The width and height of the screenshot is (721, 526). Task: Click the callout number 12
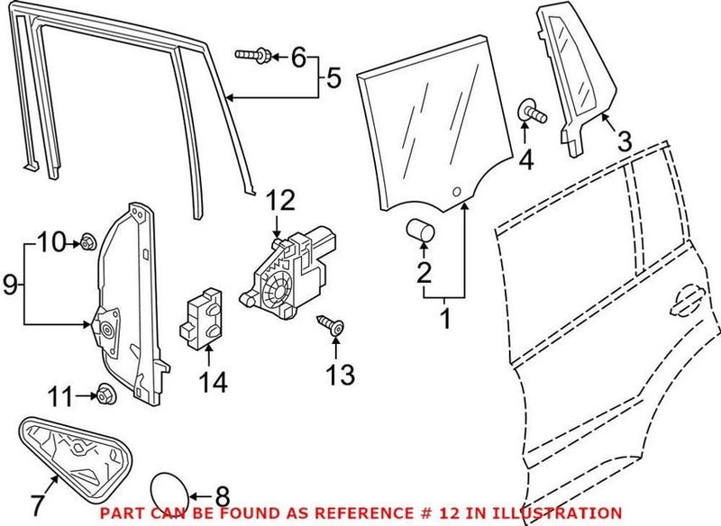click(x=280, y=199)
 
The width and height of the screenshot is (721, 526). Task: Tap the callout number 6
click(x=298, y=57)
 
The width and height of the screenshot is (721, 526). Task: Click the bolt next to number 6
click(x=252, y=56)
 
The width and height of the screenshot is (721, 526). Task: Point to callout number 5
click(x=333, y=79)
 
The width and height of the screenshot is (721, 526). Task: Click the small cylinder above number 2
click(x=420, y=231)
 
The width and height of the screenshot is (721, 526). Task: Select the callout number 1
click(x=444, y=318)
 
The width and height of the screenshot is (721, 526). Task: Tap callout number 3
click(x=624, y=141)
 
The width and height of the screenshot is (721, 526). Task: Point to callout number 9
click(x=11, y=286)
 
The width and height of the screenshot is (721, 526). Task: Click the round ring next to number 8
click(x=169, y=492)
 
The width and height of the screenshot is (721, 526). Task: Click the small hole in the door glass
click(x=457, y=192)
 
